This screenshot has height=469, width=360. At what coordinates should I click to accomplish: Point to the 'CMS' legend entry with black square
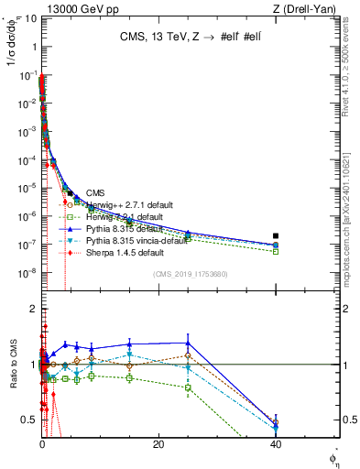click(95, 192)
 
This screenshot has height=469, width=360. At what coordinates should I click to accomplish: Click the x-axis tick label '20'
click(158, 443)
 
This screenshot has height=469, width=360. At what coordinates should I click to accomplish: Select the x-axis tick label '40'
click(276, 443)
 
